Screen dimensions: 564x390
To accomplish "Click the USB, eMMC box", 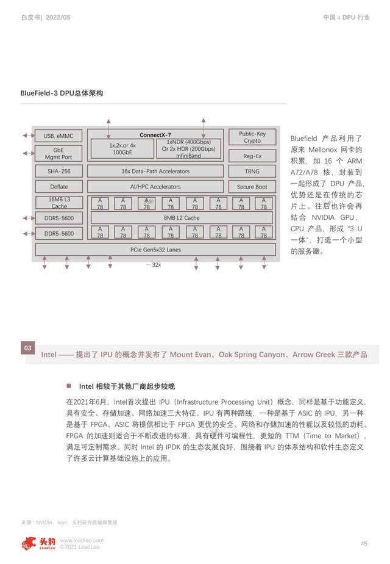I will pyautogui.click(x=58, y=136).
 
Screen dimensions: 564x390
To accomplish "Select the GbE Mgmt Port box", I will pyautogui.click(x=58, y=153).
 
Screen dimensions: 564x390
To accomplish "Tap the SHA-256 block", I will pyautogui.click(x=58, y=172).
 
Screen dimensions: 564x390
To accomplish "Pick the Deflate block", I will pyautogui.click(x=58, y=187).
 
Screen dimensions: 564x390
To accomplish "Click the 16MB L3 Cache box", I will pyautogui.click(x=58, y=203).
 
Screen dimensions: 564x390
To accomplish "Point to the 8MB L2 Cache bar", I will pyautogui.click(x=182, y=218).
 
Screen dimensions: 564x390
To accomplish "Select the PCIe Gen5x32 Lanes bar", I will pyautogui.click(x=155, y=250).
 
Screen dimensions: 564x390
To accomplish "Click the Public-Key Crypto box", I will pyautogui.click(x=252, y=137).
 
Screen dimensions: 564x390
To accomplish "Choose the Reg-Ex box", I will pyautogui.click(x=252, y=156).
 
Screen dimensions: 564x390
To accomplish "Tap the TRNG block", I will pyautogui.click(x=252, y=172).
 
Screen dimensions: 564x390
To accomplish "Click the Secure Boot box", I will pyautogui.click(x=252, y=187).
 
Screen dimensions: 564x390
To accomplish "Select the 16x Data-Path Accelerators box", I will pyautogui.click(x=155, y=172).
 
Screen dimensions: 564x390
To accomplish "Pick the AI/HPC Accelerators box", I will pyautogui.click(x=155, y=187).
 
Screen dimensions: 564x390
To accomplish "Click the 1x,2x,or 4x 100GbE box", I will pyautogui.click(x=122, y=149).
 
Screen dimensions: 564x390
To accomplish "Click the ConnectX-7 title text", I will pyautogui.click(x=155, y=135).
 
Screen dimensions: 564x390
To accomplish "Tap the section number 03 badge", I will pyautogui.click(x=28, y=349).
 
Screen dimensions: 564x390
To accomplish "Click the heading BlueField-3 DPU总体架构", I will pyautogui.click(x=62, y=93).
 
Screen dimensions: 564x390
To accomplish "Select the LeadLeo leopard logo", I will pyautogui.click(x=30, y=542).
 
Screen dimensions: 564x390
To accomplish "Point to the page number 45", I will pyautogui.click(x=364, y=543).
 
